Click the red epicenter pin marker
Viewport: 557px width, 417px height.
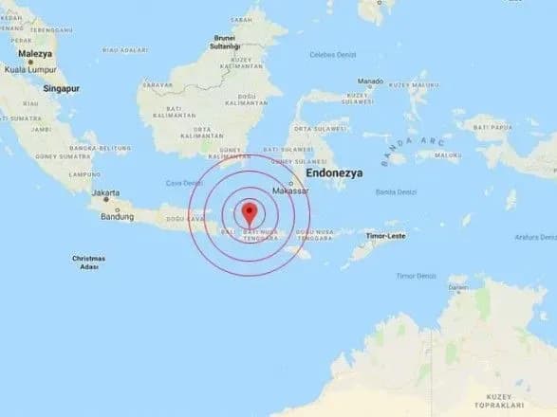[250, 210]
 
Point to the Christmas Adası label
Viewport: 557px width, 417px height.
[91, 263]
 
